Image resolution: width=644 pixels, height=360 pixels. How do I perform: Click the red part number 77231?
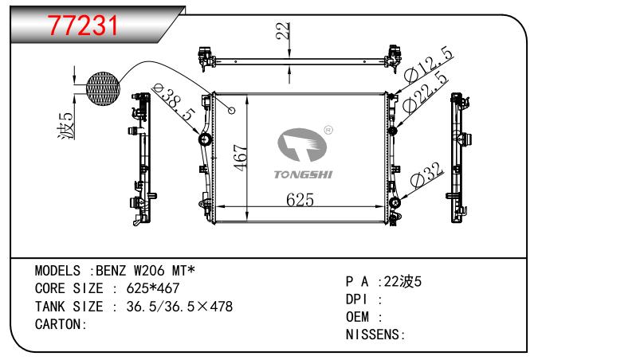pyautogui.click(x=84, y=25)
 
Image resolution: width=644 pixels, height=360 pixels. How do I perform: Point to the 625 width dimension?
pyautogui.click(x=300, y=200)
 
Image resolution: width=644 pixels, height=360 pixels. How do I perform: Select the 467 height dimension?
pyautogui.click(x=240, y=158)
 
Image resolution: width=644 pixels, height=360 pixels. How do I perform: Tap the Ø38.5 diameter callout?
pyautogui.click(x=173, y=101)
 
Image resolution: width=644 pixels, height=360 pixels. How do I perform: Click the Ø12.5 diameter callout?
pyautogui.click(x=428, y=65)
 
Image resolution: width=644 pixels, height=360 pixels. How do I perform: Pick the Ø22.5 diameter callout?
pyautogui.click(x=425, y=92)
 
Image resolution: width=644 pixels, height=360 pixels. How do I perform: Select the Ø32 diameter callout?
pyautogui.click(x=426, y=175)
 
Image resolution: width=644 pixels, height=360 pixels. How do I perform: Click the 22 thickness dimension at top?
pyautogui.click(x=283, y=31)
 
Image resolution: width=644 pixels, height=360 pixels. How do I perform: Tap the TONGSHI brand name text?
pyautogui.click(x=303, y=174)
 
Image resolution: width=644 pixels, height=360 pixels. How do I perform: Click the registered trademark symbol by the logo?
pyautogui.click(x=328, y=130)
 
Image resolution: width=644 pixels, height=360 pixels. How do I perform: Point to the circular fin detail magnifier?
pyautogui.click(x=104, y=89)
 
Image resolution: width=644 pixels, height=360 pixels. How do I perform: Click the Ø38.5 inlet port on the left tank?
pyautogui.click(x=204, y=139)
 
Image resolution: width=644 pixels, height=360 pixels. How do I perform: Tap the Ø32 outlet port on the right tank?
pyautogui.click(x=395, y=202)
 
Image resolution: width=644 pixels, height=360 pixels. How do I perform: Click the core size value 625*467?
pyautogui.click(x=153, y=288)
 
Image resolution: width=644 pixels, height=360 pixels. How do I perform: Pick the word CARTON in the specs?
pyautogui.click(x=58, y=324)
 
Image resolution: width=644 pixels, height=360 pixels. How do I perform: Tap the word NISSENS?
pyautogui.click(x=372, y=335)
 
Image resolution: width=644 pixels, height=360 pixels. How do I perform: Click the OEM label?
pyautogui.click(x=357, y=317)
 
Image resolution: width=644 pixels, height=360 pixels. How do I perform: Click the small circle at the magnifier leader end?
pyautogui.click(x=232, y=111)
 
